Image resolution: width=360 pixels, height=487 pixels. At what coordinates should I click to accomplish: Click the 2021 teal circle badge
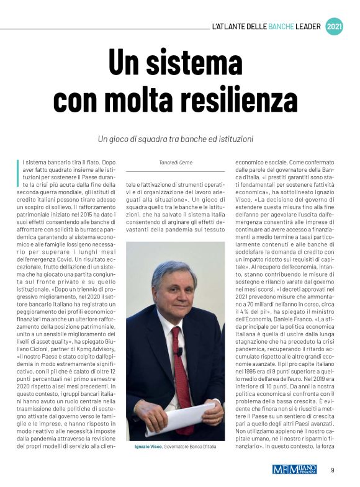coord(335,27)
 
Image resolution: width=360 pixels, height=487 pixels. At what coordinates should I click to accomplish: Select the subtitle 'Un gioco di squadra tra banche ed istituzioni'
coord(179,138)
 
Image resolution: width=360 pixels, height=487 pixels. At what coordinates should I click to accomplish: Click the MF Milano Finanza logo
coord(295,469)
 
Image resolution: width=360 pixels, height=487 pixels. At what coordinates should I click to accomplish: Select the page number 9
coord(332,470)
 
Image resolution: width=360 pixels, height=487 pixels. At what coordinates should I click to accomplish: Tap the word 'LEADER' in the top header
coord(312,27)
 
